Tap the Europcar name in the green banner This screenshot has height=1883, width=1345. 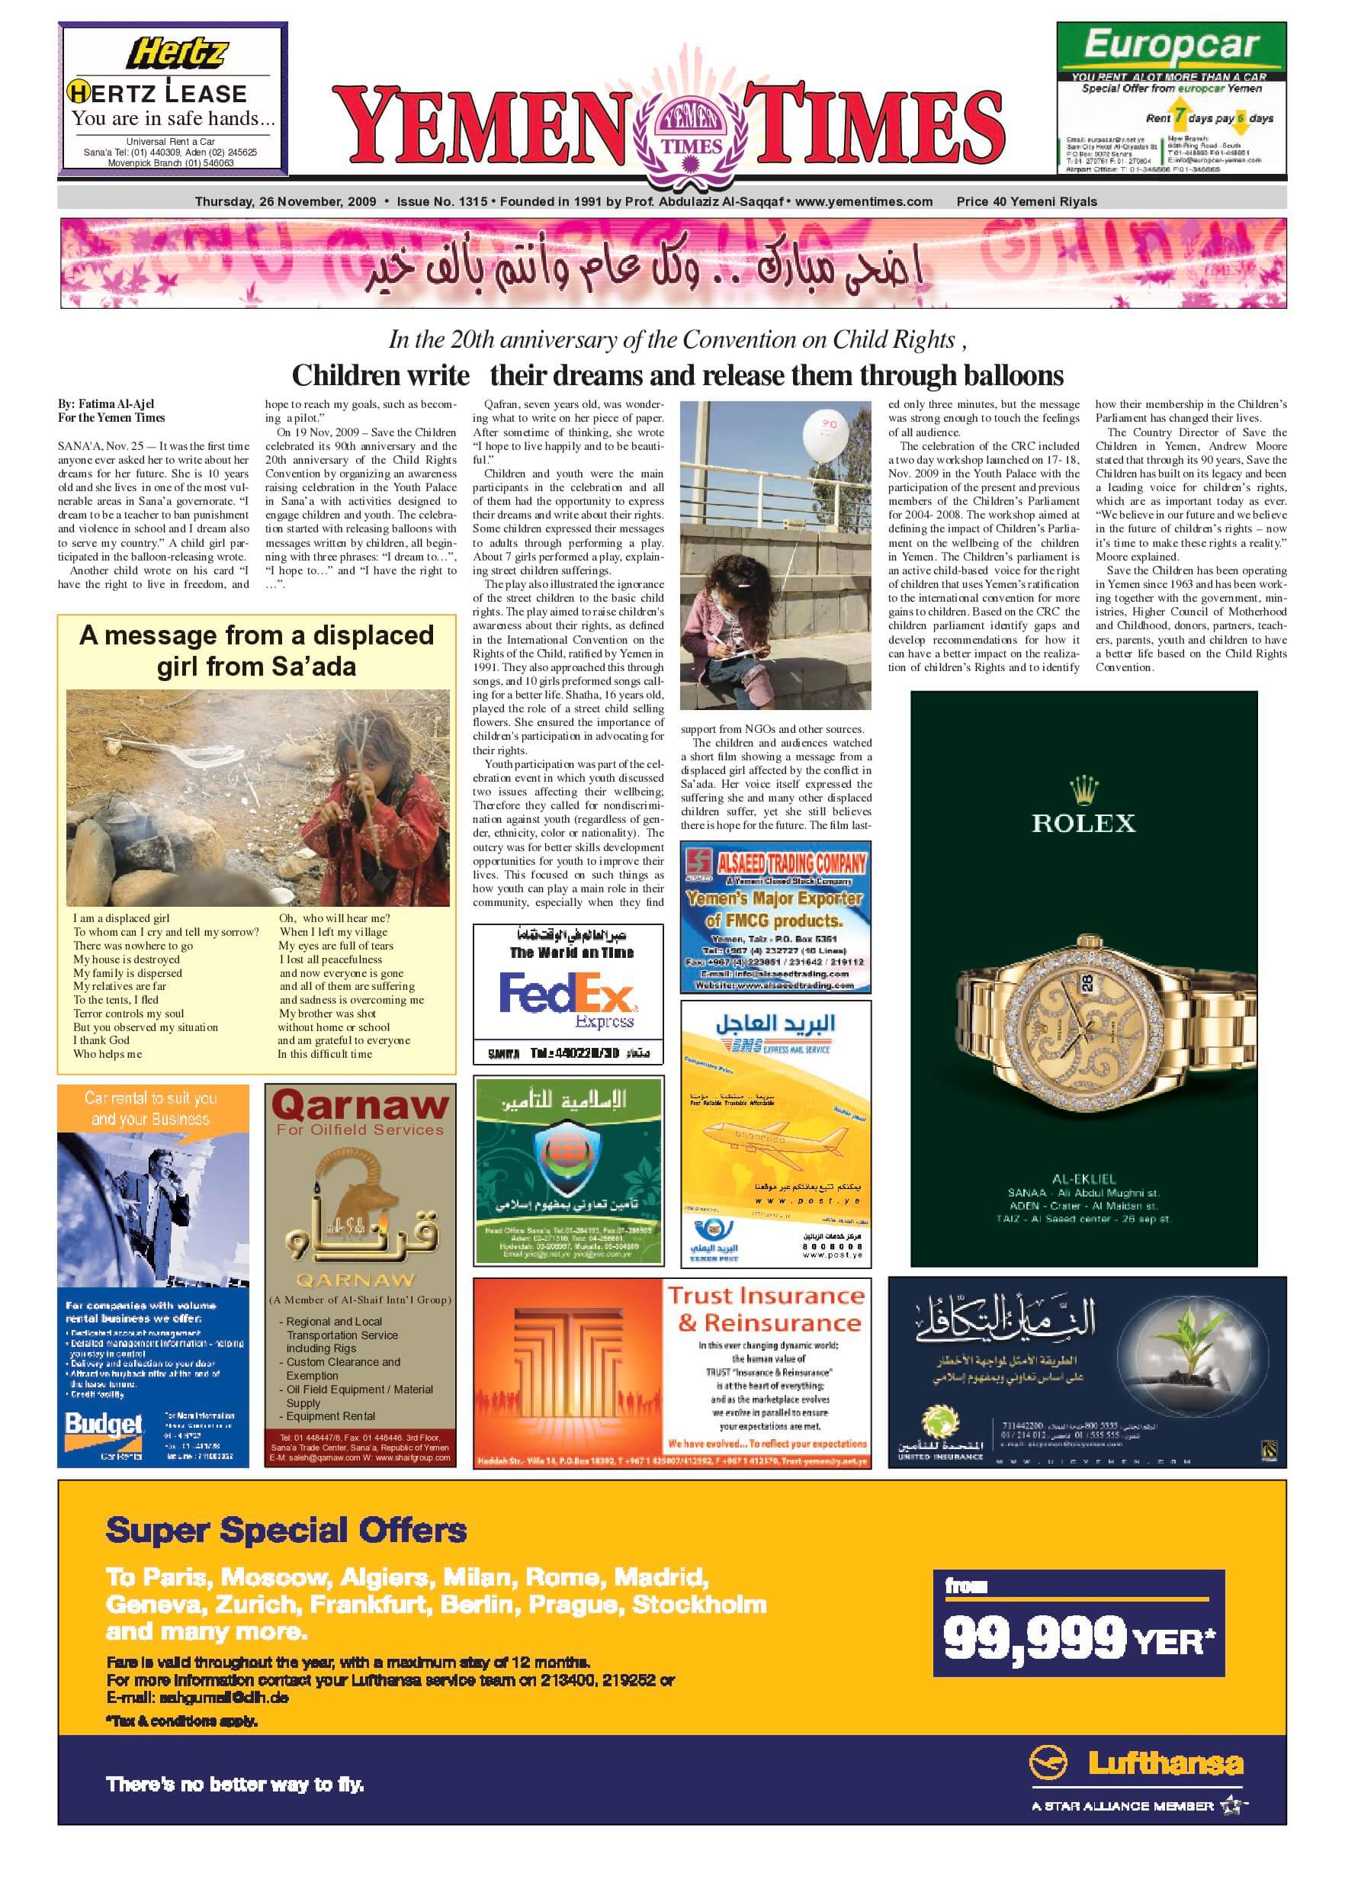pyautogui.click(x=1170, y=45)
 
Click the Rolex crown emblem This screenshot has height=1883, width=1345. pyautogui.click(x=1083, y=789)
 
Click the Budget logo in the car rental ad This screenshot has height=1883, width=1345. pyautogui.click(x=104, y=1424)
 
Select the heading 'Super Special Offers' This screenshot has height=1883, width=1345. pyautogui.click(x=286, y=1530)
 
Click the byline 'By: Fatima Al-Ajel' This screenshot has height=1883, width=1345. pyautogui.click(x=106, y=404)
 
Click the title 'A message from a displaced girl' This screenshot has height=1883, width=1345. pyautogui.click(x=256, y=651)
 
